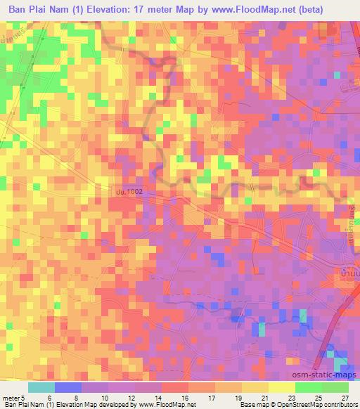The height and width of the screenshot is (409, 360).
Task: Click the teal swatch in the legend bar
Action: pyautogui.click(x=42, y=387)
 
